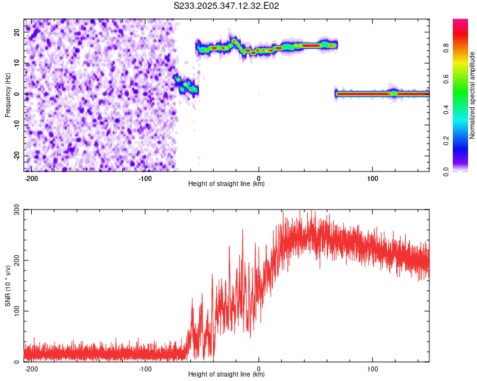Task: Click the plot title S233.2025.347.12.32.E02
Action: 227,6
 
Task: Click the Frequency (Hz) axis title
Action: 8,95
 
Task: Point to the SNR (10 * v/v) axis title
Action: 8,286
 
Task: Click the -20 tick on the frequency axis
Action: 17,156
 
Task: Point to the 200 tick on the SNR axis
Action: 17,261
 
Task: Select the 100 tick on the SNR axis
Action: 17,311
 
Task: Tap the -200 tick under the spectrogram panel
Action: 31,177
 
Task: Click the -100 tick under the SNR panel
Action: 145,368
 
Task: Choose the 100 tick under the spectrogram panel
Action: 373,177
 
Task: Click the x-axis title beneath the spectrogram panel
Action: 226,184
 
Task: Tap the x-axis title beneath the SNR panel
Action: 226,375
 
